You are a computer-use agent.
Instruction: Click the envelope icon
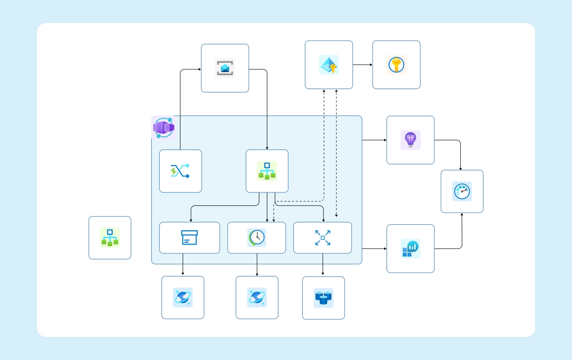tap(225, 68)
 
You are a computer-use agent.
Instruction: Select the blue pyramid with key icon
tap(328, 65)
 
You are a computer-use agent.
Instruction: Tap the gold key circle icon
tap(396, 65)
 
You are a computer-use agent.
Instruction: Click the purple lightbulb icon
tap(410, 140)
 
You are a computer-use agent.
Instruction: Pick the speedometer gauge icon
tap(462, 191)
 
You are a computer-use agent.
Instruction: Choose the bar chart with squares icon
tap(410, 248)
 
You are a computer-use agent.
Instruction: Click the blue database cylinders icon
tap(323, 298)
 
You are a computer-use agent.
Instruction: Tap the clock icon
tap(256, 238)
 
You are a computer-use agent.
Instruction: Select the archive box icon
tap(189, 238)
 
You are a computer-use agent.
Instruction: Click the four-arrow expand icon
tap(322, 238)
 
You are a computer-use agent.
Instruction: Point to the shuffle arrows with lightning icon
tap(180, 171)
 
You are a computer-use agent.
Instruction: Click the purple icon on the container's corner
tap(163, 127)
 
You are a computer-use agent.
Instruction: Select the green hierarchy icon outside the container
tap(110, 238)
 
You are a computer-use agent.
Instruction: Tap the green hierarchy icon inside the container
tap(267, 171)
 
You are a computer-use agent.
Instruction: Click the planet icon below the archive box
tap(183, 298)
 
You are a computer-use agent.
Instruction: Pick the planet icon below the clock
tap(256, 298)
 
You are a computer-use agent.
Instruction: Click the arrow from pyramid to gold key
tap(363, 65)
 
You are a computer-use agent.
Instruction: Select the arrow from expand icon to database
tap(322, 264)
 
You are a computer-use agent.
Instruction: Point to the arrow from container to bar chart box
tap(374, 249)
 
